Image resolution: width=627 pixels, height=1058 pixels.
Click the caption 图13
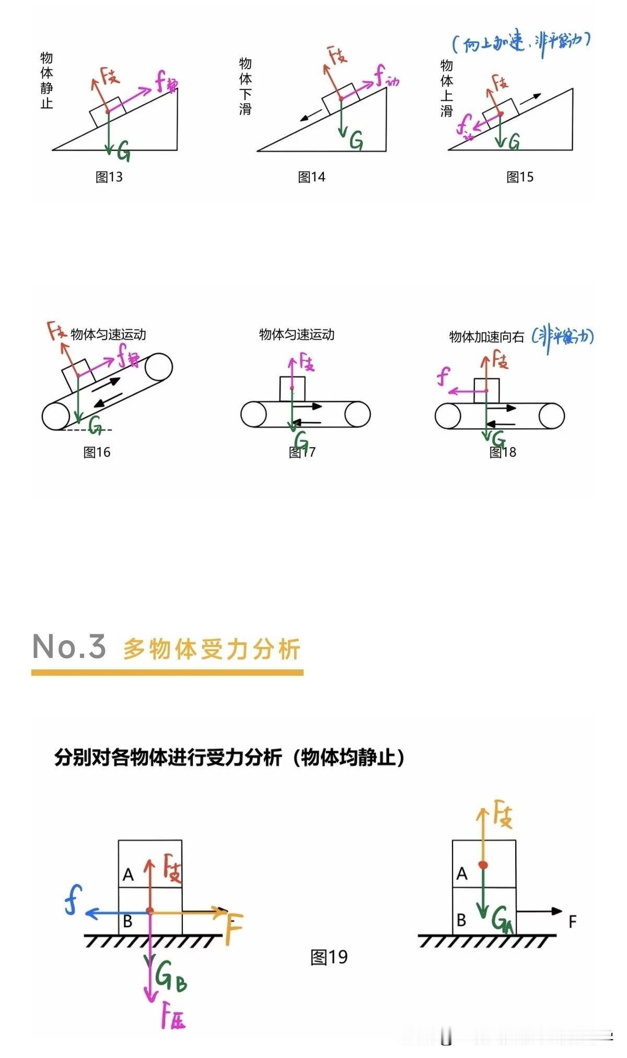(109, 177)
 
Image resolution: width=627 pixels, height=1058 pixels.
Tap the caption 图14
(311, 177)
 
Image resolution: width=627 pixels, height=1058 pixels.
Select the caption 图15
(520, 177)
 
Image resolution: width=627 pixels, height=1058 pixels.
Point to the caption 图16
(97, 452)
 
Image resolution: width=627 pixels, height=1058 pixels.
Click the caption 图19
(329, 957)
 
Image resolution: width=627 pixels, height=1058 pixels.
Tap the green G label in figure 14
(356, 140)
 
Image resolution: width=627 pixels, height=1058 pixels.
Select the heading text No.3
(69, 646)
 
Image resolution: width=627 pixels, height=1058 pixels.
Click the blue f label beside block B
(73, 899)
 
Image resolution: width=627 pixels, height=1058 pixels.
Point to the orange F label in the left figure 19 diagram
(234, 929)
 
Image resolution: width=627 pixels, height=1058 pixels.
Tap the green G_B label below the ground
(170, 976)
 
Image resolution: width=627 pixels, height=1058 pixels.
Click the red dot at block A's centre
(483, 865)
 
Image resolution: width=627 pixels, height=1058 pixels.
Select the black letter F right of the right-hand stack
(572, 922)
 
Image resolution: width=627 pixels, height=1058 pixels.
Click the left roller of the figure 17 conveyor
(253, 415)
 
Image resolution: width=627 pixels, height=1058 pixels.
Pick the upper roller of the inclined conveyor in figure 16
(159, 367)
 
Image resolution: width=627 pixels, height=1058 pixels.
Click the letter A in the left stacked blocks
(128, 874)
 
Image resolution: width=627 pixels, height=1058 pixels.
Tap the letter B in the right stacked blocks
(461, 920)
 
